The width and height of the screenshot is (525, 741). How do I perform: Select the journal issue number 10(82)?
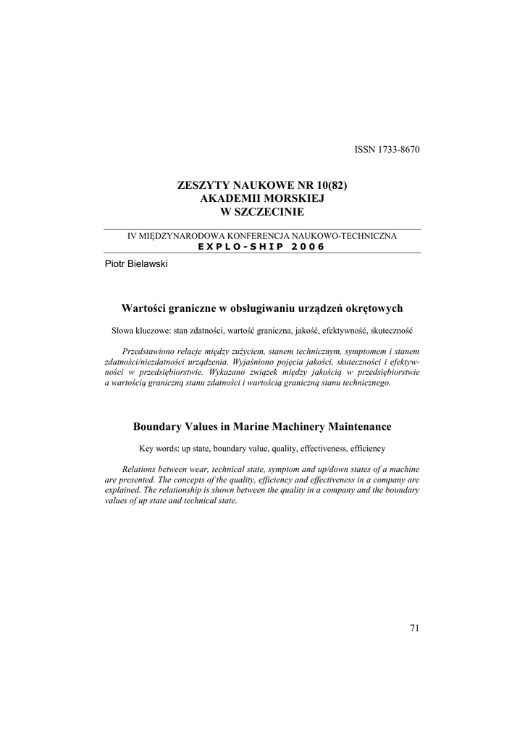point(332,185)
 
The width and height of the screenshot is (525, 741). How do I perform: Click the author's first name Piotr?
point(115,264)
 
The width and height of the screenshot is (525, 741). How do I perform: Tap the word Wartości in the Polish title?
point(144,308)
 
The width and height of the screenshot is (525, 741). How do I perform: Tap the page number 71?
point(414,628)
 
